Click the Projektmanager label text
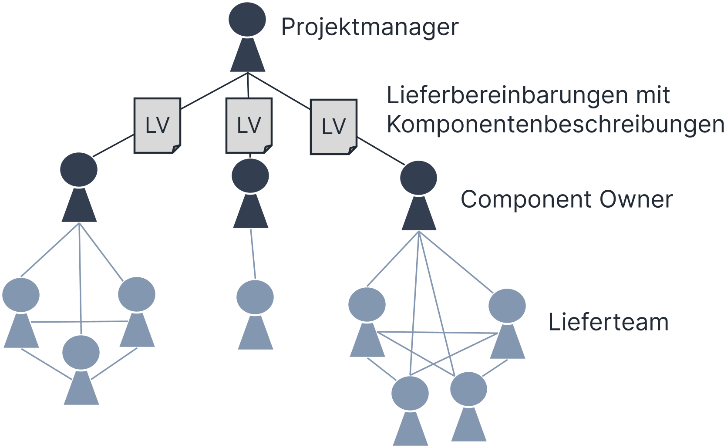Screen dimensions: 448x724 click(370, 27)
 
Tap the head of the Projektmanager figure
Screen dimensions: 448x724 click(247, 20)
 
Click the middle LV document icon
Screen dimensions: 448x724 click(249, 125)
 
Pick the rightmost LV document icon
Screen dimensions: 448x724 click(333, 127)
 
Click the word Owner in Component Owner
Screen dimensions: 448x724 click(636, 200)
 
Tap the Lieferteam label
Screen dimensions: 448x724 click(608, 323)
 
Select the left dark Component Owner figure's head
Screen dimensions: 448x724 click(79, 170)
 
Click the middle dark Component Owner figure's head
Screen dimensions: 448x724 click(250, 176)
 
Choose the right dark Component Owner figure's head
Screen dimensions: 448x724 click(419, 178)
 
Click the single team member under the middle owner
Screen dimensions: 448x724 click(255, 313)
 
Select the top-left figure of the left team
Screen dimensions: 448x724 click(21, 311)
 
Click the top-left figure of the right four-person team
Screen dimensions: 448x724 click(367, 321)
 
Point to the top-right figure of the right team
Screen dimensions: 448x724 click(507, 323)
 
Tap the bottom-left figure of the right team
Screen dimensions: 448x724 click(410, 409)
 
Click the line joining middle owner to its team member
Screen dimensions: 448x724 click(253, 254)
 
